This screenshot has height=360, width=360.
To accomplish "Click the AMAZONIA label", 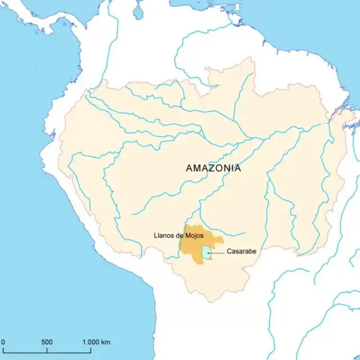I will [x=213, y=168].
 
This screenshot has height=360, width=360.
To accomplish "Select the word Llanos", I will [x=163, y=235].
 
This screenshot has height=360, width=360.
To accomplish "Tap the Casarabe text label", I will [x=241, y=251].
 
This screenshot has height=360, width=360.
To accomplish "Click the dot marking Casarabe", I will [x=209, y=254].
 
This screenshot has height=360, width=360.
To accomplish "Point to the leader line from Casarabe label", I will [x=217, y=254].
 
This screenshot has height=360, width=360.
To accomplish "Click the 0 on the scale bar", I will [x=3, y=342].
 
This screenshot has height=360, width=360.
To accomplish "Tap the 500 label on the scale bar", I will [x=47, y=342].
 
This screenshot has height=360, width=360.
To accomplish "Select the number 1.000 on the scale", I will [x=91, y=342].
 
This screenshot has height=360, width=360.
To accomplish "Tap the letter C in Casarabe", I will [x=229, y=251].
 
